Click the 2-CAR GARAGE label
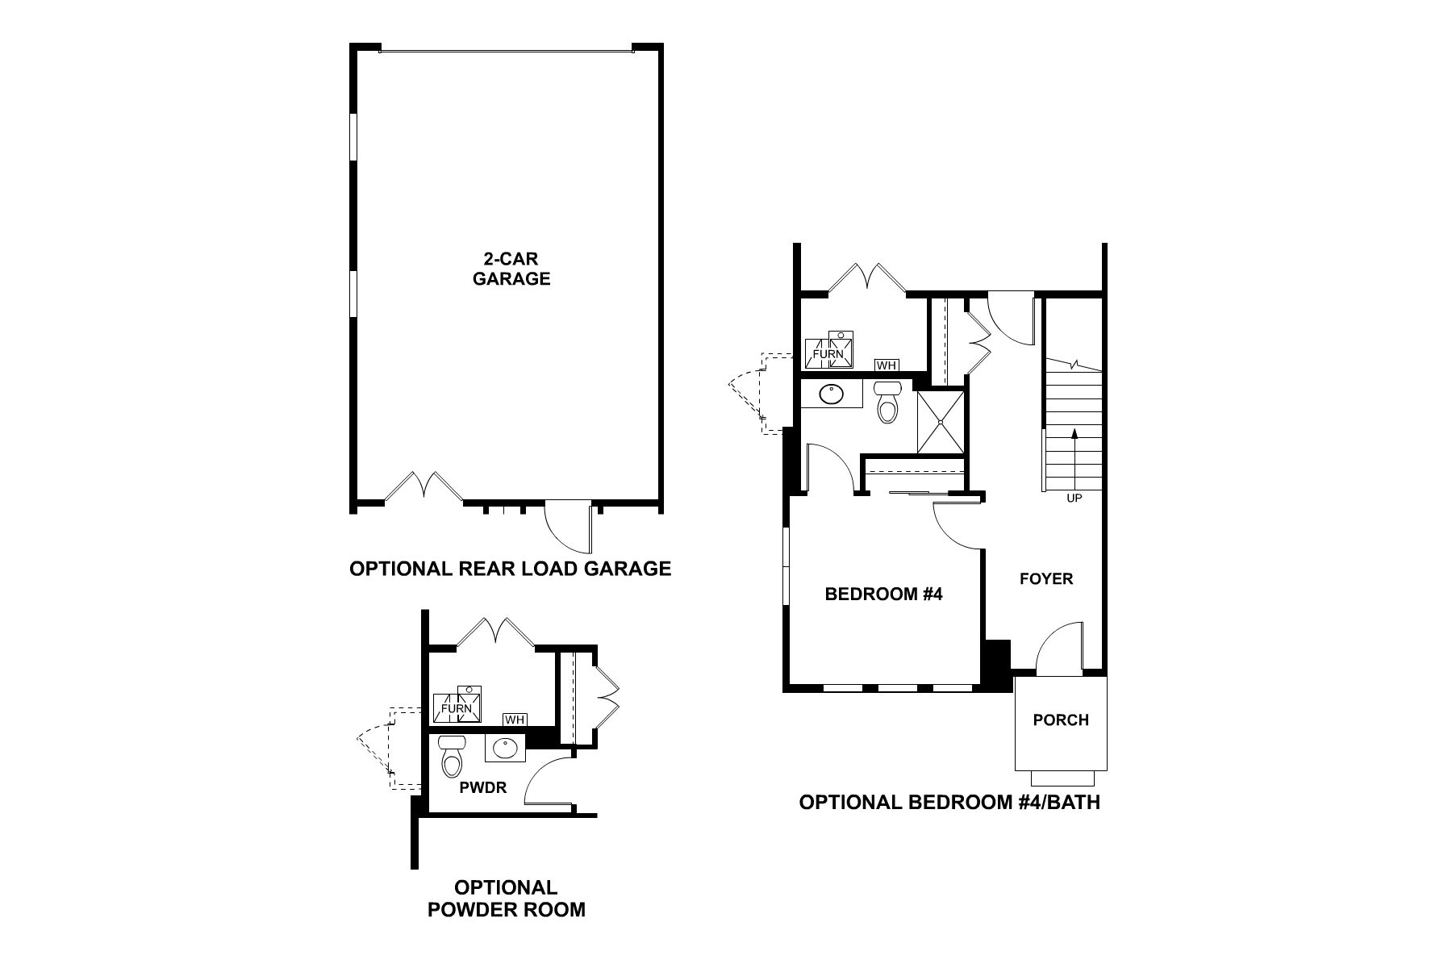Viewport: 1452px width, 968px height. (x=511, y=269)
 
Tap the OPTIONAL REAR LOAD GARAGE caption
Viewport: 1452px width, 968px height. (x=510, y=569)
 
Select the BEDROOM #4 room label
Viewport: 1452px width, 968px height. (x=883, y=595)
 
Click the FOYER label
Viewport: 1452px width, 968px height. (x=1046, y=578)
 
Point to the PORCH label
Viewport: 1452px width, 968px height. (x=1061, y=720)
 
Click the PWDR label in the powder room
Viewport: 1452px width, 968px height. (x=482, y=787)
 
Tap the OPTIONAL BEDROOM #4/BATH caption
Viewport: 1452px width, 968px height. (x=949, y=803)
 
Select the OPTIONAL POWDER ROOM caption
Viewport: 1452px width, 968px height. (x=506, y=899)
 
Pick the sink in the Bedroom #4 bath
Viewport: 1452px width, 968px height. (x=831, y=394)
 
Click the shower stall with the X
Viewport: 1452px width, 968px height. (x=941, y=423)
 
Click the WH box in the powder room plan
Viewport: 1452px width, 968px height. (x=514, y=720)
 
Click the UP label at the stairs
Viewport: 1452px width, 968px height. (x=1074, y=499)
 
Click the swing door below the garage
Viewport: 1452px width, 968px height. (x=571, y=525)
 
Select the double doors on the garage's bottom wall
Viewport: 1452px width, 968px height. (x=423, y=488)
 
